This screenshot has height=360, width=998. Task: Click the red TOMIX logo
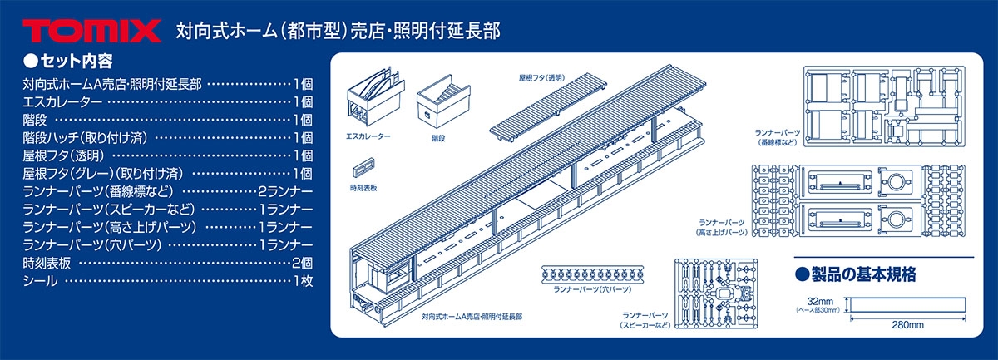point(91,32)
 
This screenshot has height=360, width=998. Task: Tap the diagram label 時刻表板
point(363,188)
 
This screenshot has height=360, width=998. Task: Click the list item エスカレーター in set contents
point(63,102)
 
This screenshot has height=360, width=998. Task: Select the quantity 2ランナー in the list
point(285,191)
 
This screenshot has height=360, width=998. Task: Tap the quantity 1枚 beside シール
point(303,281)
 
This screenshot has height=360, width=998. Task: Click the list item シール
point(41,281)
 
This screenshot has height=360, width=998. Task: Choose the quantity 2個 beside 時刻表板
point(303,263)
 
